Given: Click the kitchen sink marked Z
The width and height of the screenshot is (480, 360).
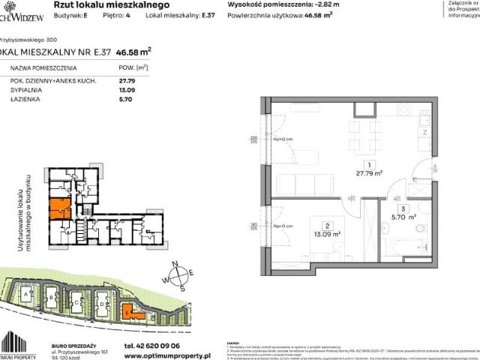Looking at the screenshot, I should click(424, 131).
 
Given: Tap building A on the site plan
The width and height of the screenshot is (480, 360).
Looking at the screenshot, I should click(28, 298).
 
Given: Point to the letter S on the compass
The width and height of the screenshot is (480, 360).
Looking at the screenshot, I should click(183, 288).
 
